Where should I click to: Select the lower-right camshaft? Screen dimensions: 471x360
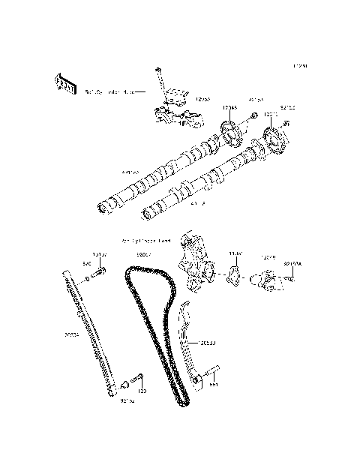pos(202,184)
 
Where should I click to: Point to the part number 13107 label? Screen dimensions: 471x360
pos(99,255)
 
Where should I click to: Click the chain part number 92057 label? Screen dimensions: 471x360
pos(145,255)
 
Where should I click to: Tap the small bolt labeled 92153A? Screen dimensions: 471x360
pos(290,278)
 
